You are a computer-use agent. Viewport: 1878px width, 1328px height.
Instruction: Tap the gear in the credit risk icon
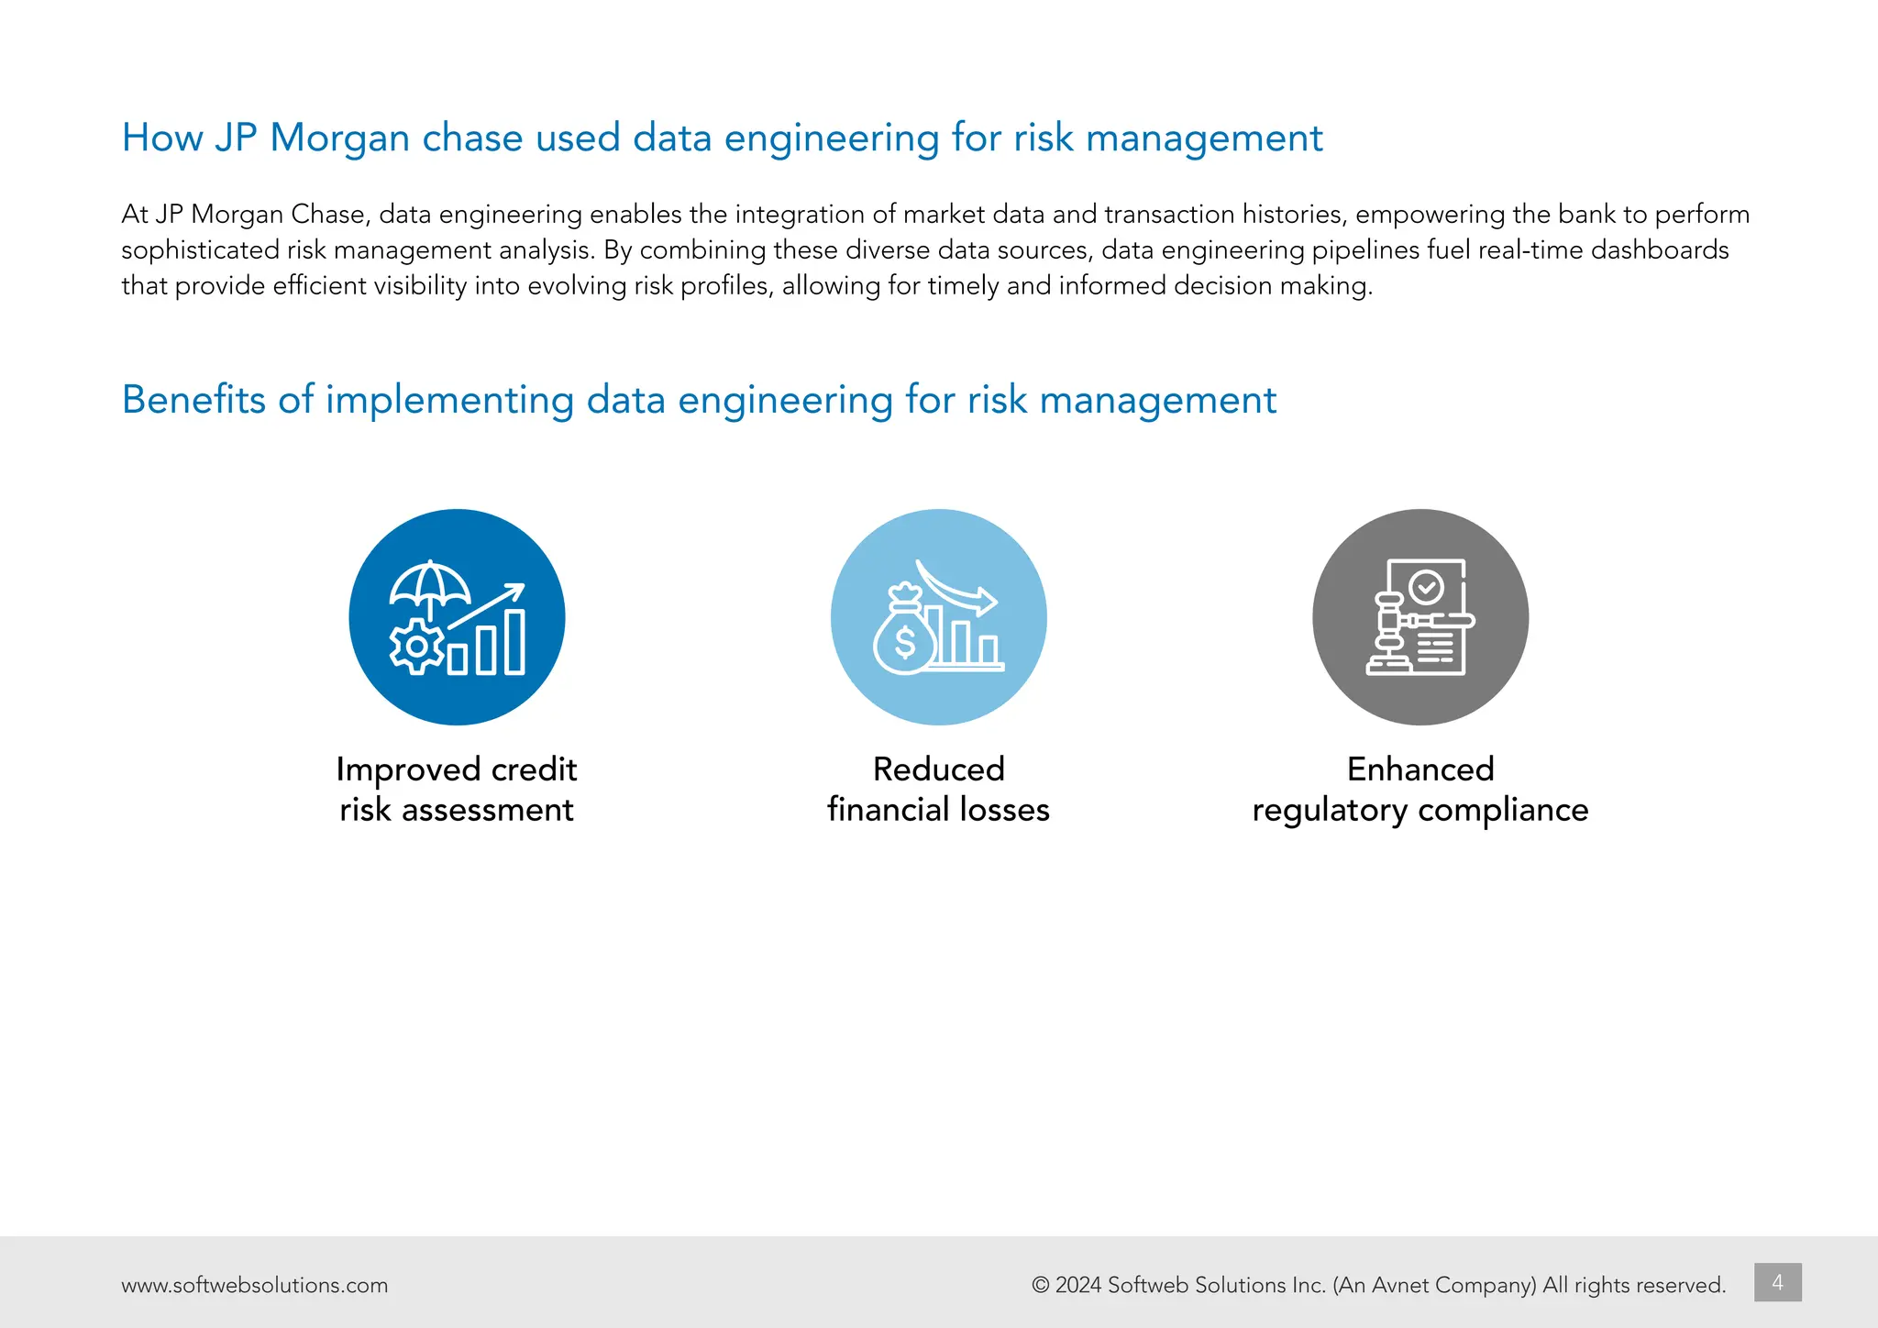(x=417, y=646)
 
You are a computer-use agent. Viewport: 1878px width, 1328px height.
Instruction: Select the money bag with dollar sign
(x=904, y=635)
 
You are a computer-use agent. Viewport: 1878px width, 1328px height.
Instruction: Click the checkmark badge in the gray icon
(x=1426, y=586)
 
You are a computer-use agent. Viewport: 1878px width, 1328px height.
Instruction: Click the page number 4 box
(x=1777, y=1282)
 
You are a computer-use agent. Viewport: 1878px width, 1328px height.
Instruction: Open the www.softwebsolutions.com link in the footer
(x=254, y=1286)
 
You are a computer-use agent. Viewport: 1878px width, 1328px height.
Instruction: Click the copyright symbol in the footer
(x=1041, y=1286)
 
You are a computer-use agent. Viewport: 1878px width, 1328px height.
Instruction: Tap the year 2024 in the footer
(x=1077, y=1286)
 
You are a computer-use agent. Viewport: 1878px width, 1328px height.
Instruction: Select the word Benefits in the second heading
(x=193, y=400)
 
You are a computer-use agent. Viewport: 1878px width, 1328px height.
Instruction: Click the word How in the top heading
(x=162, y=138)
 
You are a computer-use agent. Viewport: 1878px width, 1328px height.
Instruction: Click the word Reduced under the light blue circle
(x=938, y=769)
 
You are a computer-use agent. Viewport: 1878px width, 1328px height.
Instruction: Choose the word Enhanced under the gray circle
(x=1420, y=769)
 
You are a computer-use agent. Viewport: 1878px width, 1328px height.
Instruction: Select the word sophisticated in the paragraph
(x=200, y=250)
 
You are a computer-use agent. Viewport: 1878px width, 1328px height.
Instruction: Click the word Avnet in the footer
(x=1400, y=1286)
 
